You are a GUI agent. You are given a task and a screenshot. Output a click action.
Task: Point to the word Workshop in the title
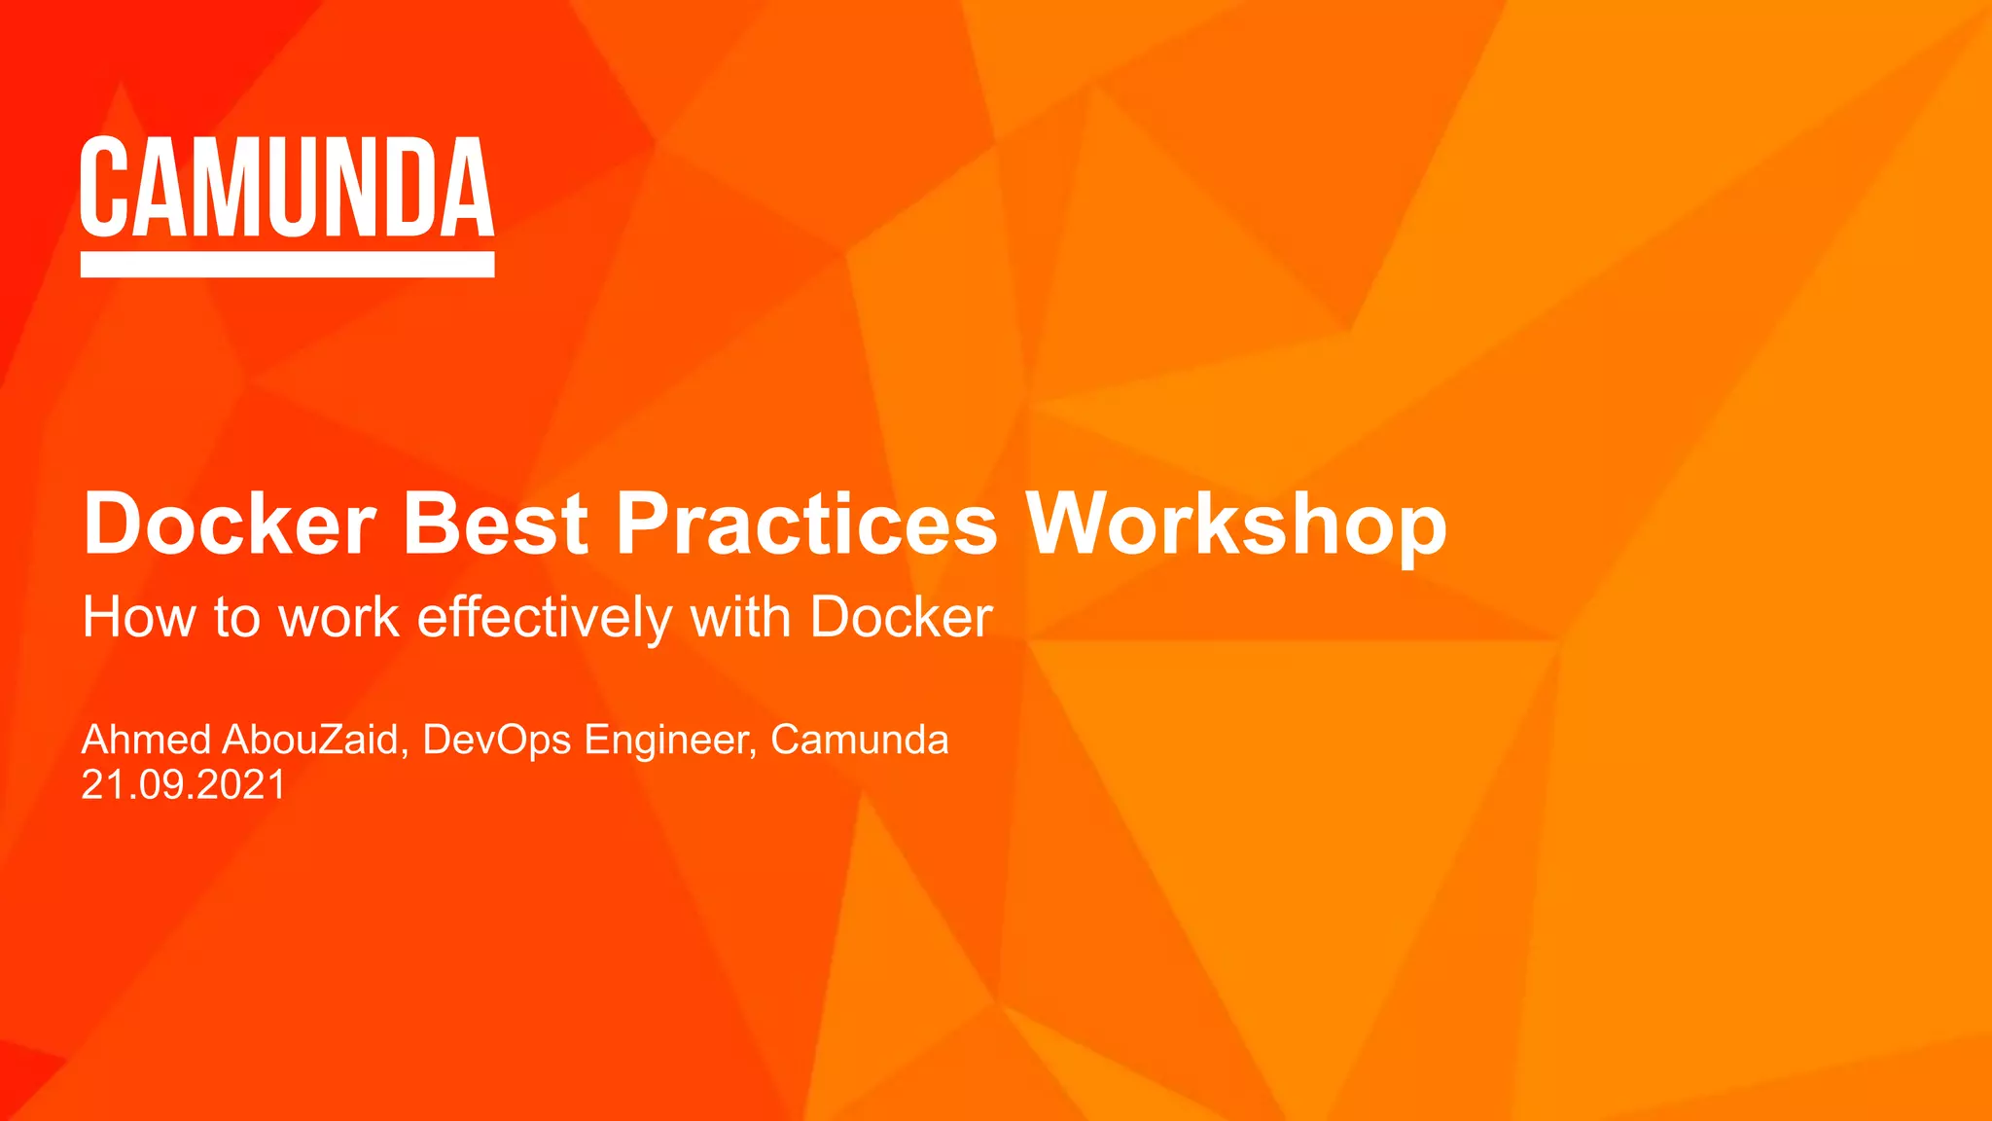pos(1236,525)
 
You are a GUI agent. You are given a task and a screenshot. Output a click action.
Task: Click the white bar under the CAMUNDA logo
pos(287,265)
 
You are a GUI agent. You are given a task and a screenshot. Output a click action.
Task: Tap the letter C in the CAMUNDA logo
pos(104,187)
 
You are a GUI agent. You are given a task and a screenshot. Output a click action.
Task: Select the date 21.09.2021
pos(183,784)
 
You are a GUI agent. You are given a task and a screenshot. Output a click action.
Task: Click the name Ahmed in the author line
pos(146,740)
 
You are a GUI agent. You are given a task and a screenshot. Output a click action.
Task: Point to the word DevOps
pos(496,740)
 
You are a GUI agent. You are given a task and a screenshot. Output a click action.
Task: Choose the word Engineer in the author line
pos(670,740)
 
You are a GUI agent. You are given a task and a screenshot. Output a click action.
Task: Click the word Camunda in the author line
pos(859,740)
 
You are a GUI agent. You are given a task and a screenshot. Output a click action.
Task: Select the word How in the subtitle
pos(138,617)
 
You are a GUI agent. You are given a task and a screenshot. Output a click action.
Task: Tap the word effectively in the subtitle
pos(545,617)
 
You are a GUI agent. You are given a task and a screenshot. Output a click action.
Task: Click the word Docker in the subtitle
pos(901,617)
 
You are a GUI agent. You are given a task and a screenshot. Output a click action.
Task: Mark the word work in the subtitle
pos(338,617)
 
